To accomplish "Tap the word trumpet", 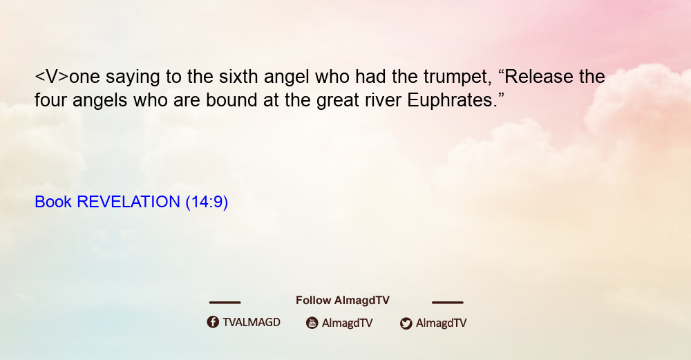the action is (457, 77).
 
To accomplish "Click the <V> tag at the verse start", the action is (52, 77).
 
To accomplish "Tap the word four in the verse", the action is (50, 100).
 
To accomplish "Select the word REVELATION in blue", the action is (129, 202).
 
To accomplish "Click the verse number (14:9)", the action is (207, 202).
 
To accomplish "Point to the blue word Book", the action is (53, 202).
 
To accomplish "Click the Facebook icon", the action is (213, 322).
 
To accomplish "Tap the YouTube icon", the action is (312, 323).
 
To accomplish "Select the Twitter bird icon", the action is (406, 323).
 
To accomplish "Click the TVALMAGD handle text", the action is (252, 322).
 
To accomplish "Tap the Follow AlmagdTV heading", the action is (343, 300).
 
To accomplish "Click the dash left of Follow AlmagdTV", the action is (225, 302).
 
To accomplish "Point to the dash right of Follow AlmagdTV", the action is (448, 302).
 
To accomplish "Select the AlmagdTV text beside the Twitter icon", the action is (441, 323).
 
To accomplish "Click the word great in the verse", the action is (338, 101).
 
